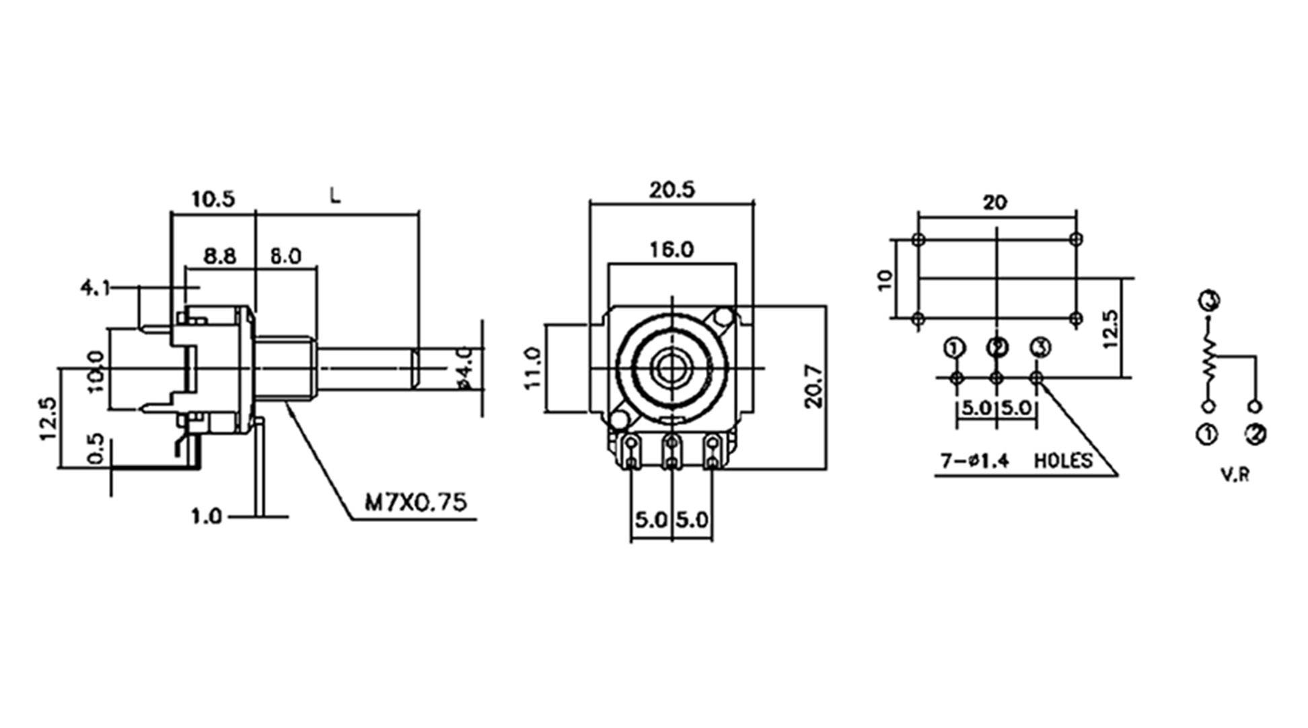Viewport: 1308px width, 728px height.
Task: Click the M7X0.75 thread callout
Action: point(415,502)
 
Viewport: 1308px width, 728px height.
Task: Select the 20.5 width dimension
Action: point(671,190)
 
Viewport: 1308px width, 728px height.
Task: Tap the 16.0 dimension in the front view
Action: point(671,250)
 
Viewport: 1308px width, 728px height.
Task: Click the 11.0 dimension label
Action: point(534,368)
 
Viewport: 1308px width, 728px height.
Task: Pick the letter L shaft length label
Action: point(335,196)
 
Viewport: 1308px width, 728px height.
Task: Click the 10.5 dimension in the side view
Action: point(213,199)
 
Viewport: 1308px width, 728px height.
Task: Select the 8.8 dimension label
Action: point(220,256)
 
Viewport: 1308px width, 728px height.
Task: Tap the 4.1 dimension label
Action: point(95,288)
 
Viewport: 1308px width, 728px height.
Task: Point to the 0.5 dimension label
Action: point(96,448)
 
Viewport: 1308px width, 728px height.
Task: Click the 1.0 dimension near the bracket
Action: point(206,517)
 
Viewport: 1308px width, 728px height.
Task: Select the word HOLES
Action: point(1063,461)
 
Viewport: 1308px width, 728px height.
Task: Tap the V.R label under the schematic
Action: point(1235,474)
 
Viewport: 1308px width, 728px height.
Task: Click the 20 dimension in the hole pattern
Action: point(995,202)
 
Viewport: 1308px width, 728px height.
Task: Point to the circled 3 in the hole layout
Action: point(1039,348)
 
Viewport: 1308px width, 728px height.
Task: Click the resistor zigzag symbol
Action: point(1209,364)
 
